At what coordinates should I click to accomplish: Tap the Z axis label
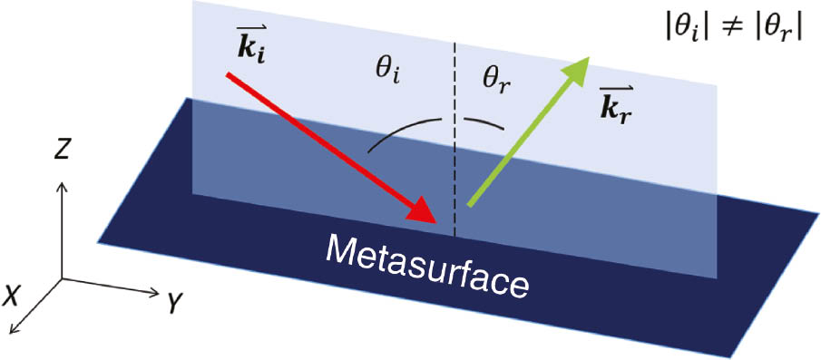pyautogui.click(x=62, y=151)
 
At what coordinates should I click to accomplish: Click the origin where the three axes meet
pyautogui.click(x=62, y=279)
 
